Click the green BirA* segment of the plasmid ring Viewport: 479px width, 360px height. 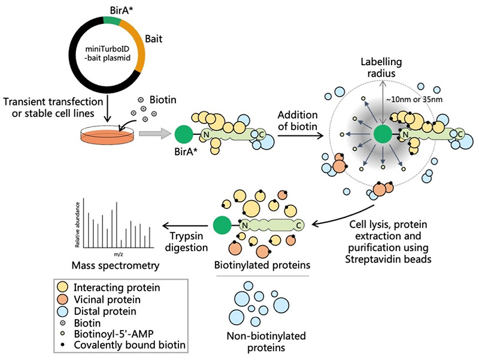tap(112, 20)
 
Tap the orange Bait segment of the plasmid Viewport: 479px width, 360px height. tap(138, 48)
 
